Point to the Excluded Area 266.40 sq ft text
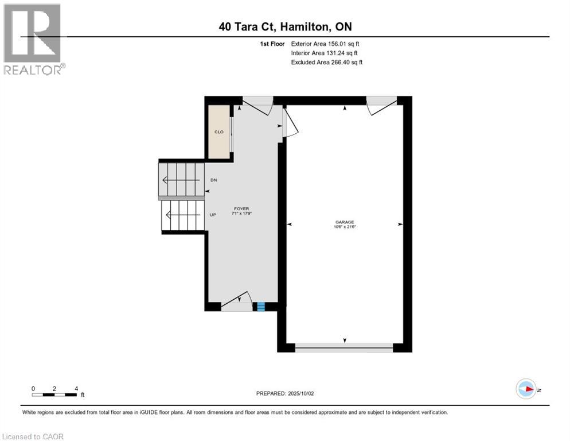tap(327, 62)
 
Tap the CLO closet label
tap(219, 132)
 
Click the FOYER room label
tap(241, 209)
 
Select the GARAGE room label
tap(345, 222)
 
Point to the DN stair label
tap(213, 180)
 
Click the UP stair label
tap(213, 215)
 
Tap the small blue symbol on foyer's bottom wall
tap(260, 307)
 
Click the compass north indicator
tap(526, 389)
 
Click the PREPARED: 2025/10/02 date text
tap(285, 393)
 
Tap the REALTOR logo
tap(33, 39)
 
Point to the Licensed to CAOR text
tap(33, 436)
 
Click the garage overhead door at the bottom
tap(344, 347)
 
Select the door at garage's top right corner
tap(380, 105)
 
